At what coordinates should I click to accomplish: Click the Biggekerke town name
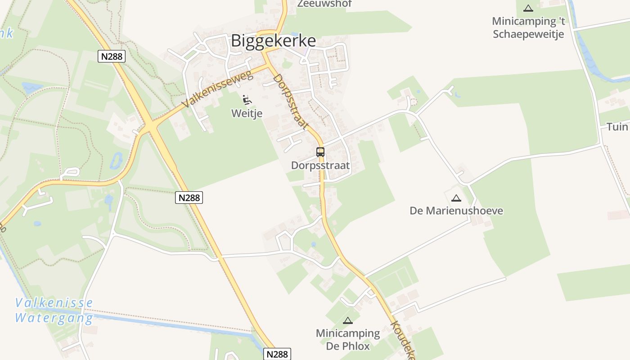click(x=273, y=41)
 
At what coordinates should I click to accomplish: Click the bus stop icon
click(x=320, y=152)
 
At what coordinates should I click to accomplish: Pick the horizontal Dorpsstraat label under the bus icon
click(x=320, y=166)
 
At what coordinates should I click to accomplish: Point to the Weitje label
click(x=247, y=113)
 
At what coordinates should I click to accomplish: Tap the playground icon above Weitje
click(x=247, y=99)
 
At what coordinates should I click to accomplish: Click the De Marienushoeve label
click(x=456, y=211)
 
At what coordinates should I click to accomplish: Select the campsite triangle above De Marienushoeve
click(x=456, y=198)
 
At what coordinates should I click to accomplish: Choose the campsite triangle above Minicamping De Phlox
click(x=347, y=320)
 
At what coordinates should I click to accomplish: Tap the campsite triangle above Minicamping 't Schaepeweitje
click(x=528, y=8)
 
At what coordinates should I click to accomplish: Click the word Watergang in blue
click(x=54, y=318)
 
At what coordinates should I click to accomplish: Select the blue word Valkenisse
click(x=54, y=303)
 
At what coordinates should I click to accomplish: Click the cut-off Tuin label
click(x=617, y=127)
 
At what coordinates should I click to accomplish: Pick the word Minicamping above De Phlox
click(x=348, y=333)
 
